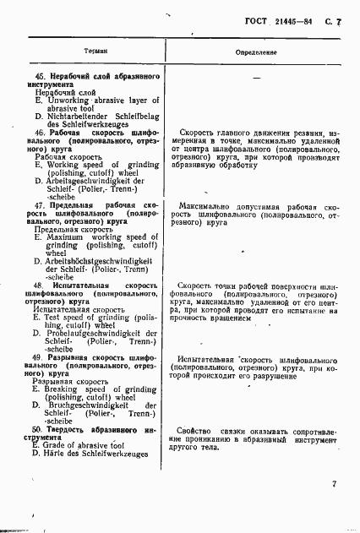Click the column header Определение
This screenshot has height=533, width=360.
click(x=255, y=52)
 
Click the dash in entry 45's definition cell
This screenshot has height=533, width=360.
click(x=255, y=78)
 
